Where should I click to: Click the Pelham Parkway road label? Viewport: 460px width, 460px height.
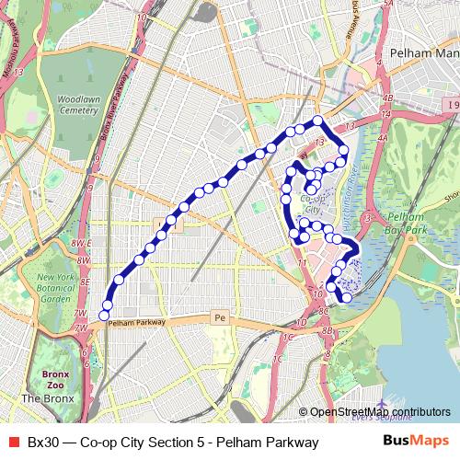pyautogui.click(x=136, y=323)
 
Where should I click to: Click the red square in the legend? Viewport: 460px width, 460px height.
pyautogui.click(x=13, y=443)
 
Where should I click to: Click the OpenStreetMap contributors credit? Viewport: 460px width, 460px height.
pyautogui.click(x=380, y=412)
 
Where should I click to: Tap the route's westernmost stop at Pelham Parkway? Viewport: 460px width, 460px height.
pyautogui.click(x=104, y=316)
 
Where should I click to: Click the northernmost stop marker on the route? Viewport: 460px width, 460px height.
pyautogui.click(x=317, y=121)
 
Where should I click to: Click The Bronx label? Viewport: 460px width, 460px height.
pyautogui.click(x=48, y=398)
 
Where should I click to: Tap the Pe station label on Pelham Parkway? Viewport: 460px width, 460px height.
pyautogui.click(x=219, y=317)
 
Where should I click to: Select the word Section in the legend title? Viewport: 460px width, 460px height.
pyautogui.click(x=168, y=443)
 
